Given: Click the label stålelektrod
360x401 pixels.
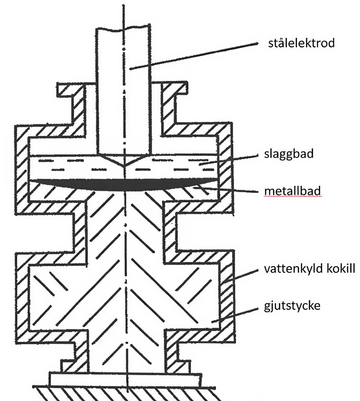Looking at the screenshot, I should tap(301, 43).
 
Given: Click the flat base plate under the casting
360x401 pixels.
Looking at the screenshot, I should tap(125, 379).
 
